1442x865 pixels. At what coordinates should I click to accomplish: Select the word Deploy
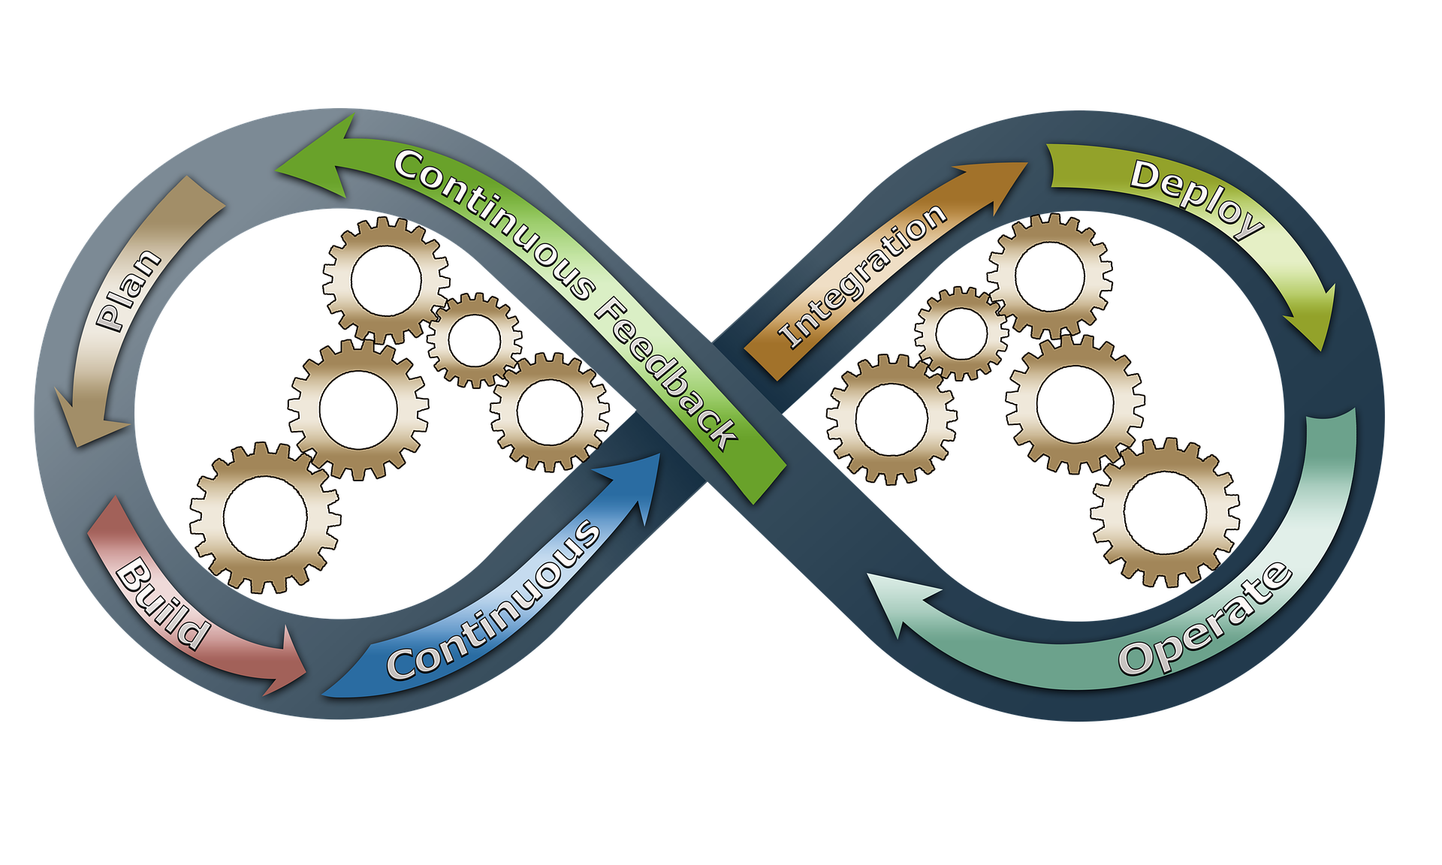[x=1196, y=198]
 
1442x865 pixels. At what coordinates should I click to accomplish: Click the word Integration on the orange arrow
[x=863, y=275]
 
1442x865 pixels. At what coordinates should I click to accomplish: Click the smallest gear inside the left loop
[x=475, y=340]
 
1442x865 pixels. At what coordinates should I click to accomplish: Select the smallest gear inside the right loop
[x=961, y=333]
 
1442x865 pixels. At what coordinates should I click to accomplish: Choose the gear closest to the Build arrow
[x=266, y=517]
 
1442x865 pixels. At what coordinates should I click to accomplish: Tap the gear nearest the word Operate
[x=1165, y=513]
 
